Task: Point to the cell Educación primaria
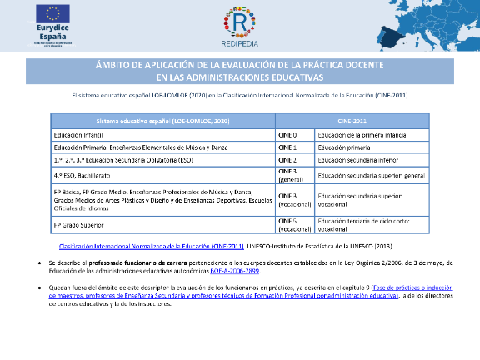point(342,147)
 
